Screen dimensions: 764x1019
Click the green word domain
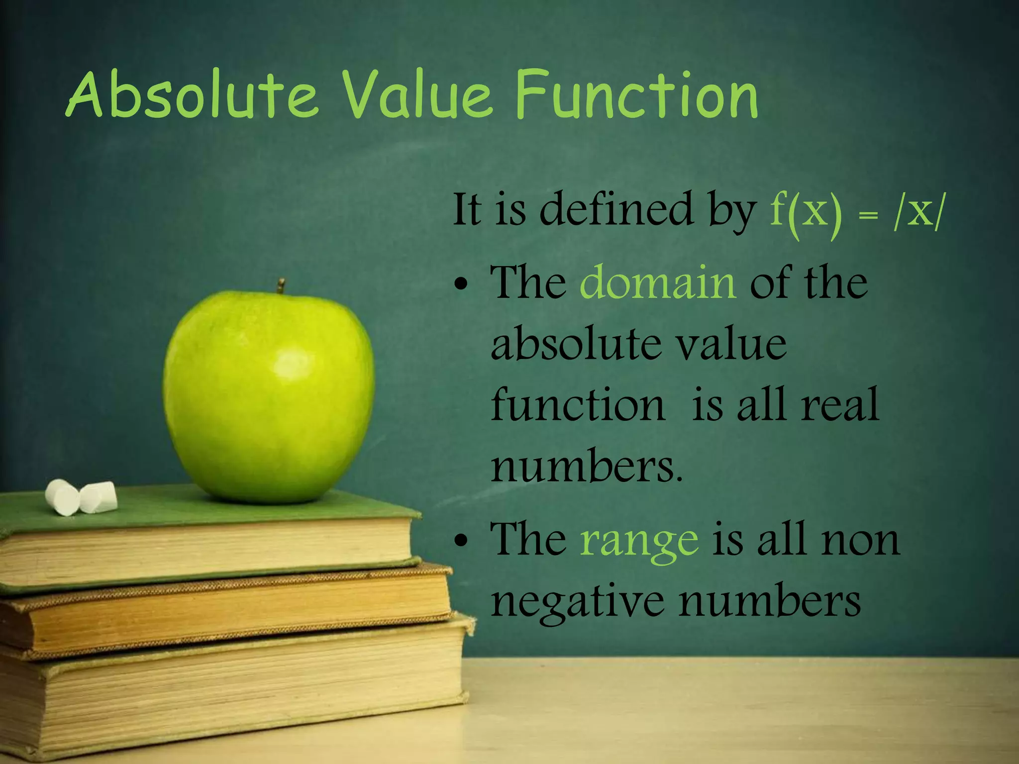[658, 283]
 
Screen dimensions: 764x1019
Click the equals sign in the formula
[868, 215]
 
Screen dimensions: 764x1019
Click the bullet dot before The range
[461, 542]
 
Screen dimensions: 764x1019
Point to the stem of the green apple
[281, 286]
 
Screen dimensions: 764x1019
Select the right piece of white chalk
[99, 496]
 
